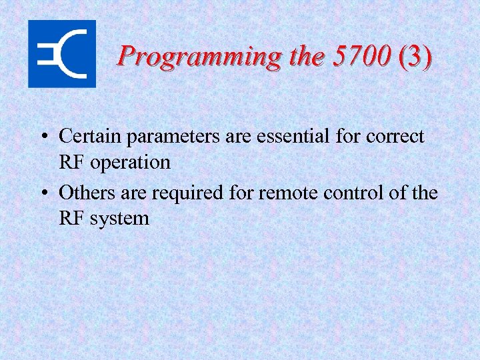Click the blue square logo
point(61,53)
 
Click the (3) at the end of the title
point(415,56)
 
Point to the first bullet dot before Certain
point(43,137)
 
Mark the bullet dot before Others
point(43,194)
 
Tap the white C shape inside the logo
point(73,53)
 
